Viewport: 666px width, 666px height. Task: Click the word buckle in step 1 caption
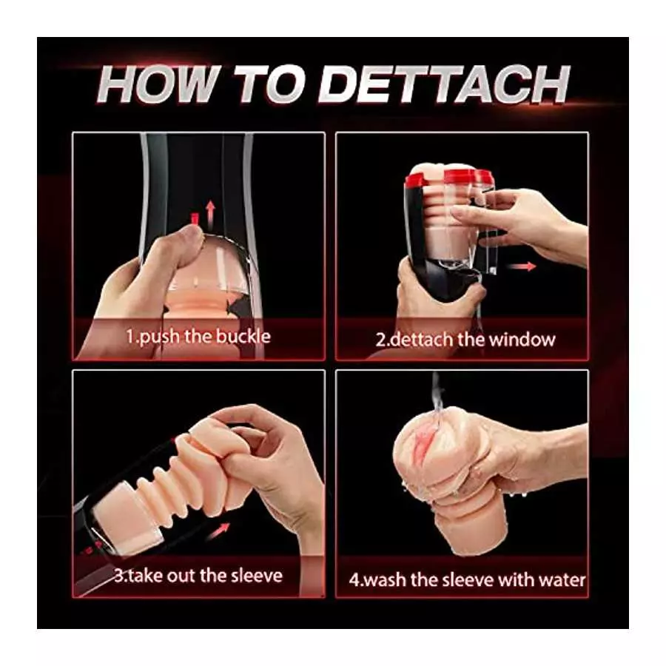[243, 337]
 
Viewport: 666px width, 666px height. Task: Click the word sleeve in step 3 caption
[255, 575]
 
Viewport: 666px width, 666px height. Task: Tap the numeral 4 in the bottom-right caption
[354, 579]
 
